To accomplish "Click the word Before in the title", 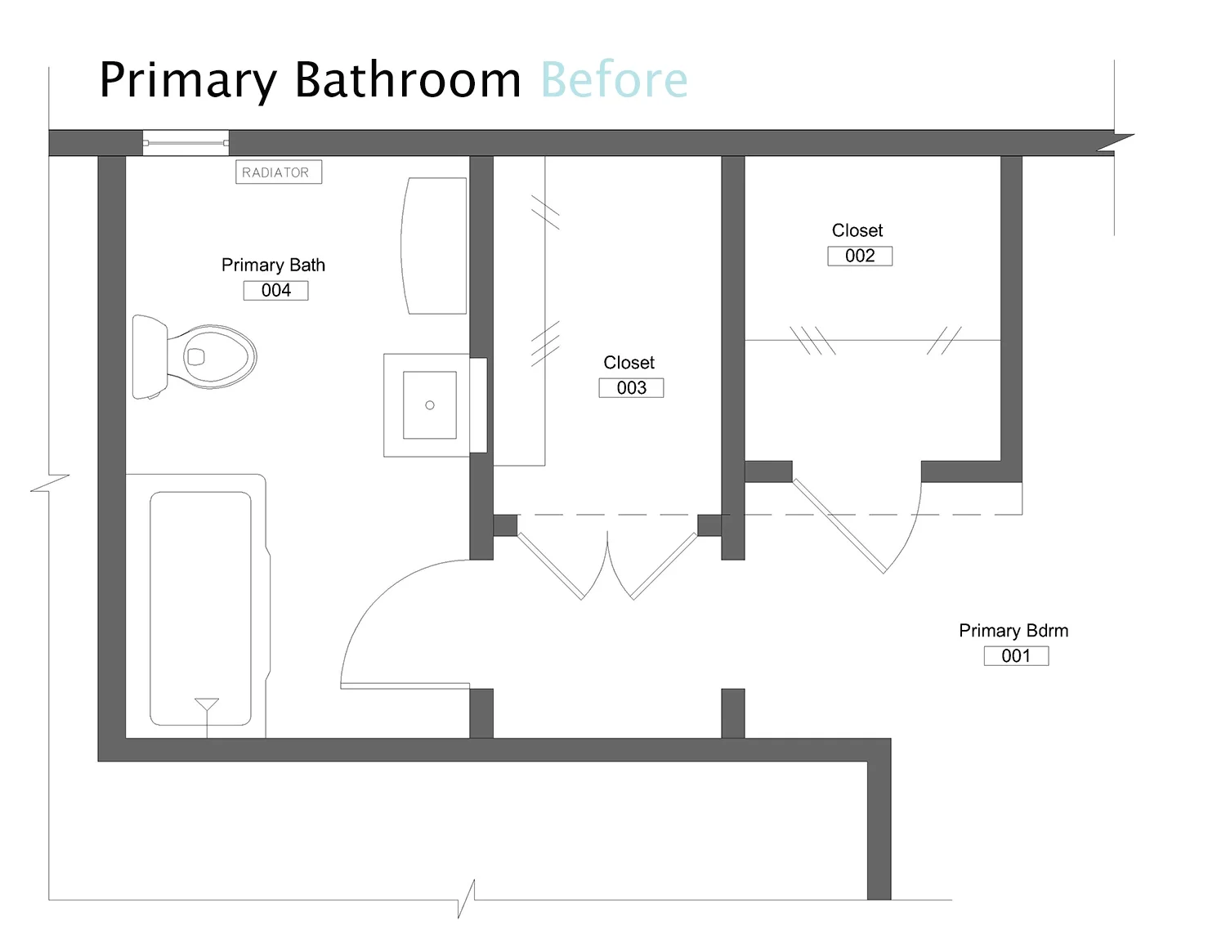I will coord(614,80).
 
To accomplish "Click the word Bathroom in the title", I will coord(407,80).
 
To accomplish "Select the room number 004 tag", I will coord(276,291).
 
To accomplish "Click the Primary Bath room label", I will coord(273,266).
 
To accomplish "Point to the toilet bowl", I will coord(214,356).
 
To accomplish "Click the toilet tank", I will coord(149,357).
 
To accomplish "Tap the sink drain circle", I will coord(430,405).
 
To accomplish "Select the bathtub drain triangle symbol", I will coord(207,704).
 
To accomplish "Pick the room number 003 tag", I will coord(631,388).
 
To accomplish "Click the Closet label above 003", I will coord(629,363).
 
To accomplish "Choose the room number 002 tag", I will coord(860,257).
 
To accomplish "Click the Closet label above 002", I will coord(857,230).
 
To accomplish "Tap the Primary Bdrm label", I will coord(1013,631).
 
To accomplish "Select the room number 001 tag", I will coord(1016,656).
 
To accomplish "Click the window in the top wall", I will coord(186,143).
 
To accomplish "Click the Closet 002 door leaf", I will coord(840,526).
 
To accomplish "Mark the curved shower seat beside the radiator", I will coord(434,246).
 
